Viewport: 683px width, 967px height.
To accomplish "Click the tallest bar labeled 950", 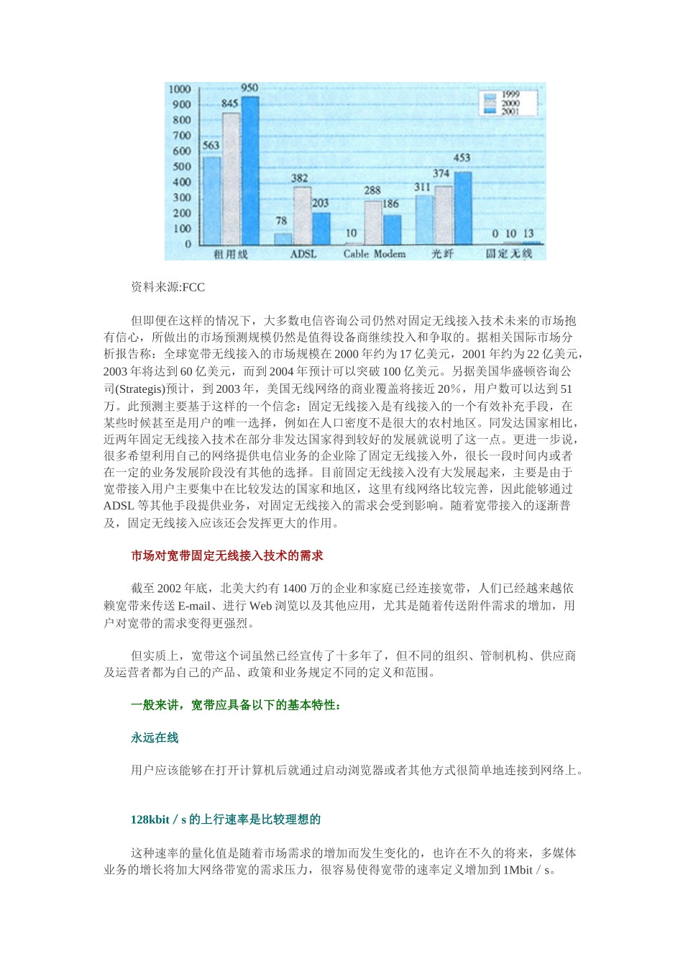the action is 249,171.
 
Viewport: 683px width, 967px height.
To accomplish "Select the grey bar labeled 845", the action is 231,179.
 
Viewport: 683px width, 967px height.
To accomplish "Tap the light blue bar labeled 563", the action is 212,201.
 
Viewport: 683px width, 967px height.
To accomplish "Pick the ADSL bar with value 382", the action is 302,215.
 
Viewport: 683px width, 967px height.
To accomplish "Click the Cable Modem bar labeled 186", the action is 393,229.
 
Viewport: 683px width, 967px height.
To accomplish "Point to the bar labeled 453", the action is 462,208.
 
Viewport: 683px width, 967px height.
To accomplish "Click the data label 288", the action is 372,191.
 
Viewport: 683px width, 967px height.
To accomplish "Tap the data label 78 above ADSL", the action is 282,221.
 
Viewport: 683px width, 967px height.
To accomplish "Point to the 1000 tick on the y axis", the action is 180,89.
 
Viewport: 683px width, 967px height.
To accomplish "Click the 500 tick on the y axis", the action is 182,167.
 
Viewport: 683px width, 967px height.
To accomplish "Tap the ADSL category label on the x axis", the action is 303,254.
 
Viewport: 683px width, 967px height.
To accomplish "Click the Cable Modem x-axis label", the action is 374,254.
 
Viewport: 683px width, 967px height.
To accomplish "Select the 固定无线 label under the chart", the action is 509,254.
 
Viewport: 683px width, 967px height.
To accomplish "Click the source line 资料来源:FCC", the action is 168,288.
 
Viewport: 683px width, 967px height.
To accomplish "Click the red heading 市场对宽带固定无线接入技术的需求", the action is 227,555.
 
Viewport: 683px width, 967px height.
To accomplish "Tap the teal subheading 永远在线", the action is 155,737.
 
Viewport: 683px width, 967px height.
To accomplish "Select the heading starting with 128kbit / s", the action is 226,820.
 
